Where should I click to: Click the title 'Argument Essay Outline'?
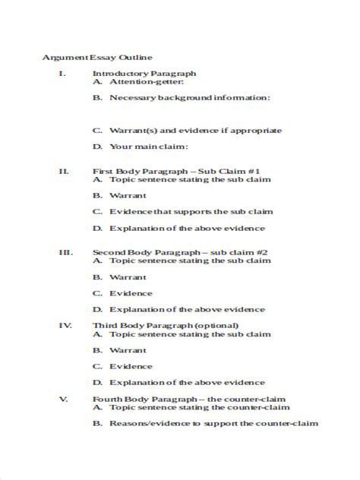tap(97, 57)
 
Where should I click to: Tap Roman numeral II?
tap(64, 171)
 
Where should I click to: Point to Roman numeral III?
tap(65, 251)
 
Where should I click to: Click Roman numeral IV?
tap(65, 325)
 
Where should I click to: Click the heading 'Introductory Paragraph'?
tap(144, 74)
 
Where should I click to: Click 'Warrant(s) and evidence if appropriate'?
tap(195, 131)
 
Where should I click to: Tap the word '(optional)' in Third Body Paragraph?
tap(194, 325)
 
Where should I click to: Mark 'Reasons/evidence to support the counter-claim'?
tap(213, 424)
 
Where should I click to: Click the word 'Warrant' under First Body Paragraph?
tap(128, 195)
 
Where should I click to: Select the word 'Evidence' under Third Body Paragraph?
tap(131, 366)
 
